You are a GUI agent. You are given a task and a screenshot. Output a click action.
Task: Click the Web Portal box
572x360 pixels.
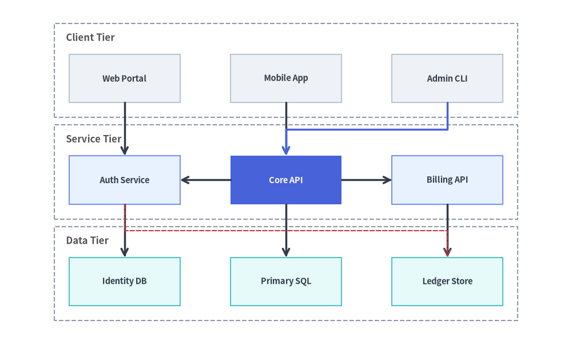click(x=124, y=78)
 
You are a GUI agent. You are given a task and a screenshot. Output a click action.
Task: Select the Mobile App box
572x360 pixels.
click(x=286, y=78)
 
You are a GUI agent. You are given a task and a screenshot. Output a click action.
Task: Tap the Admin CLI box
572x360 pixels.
click(x=447, y=78)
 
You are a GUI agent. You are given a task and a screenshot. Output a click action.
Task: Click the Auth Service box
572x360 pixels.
click(x=124, y=180)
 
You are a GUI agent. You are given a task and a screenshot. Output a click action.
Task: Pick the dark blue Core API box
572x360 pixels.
click(x=286, y=180)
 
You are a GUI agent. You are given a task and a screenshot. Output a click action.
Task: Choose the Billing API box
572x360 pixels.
click(x=447, y=180)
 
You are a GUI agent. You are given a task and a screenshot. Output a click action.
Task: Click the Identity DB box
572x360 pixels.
click(x=124, y=282)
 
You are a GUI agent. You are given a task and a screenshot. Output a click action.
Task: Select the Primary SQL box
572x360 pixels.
click(x=286, y=282)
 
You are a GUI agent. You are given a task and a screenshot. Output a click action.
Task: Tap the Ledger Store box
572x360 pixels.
click(x=447, y=282)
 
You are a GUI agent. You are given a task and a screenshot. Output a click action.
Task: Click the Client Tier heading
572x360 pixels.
click(x=90, y=37)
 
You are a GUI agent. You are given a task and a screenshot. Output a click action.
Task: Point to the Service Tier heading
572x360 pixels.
click(x=93, y=139)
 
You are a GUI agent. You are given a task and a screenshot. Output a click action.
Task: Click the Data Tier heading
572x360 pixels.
click(x=87, y=240)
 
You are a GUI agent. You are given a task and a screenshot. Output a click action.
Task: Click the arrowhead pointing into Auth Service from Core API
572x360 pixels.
click(x=185, y=180)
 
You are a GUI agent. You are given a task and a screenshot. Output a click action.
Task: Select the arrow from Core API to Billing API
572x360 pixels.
click(x=366, y=180)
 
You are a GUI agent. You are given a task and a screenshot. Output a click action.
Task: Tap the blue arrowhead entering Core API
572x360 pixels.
click(x=286, y=150)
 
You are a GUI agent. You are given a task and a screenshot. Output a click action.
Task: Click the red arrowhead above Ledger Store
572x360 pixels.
click(x=447, y=252)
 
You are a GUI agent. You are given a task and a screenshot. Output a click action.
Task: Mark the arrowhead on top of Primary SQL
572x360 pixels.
click(x=286, y=252)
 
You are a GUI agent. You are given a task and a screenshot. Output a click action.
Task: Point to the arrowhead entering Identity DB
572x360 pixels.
click(x=125, y=252)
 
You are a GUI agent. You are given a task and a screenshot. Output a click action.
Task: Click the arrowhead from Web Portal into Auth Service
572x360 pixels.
click(x=125, y=150)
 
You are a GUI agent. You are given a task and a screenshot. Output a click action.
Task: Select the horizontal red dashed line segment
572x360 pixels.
click(x=286, y=231)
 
